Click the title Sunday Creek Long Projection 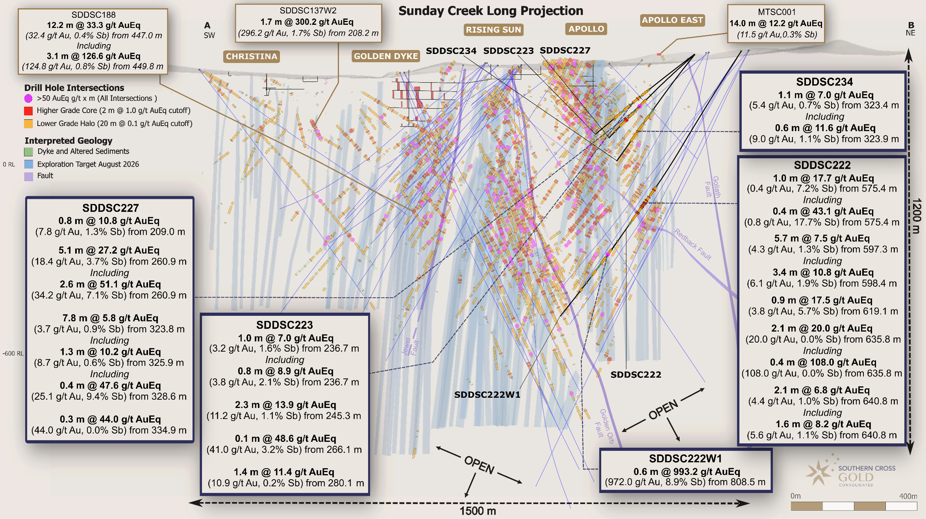[x=490, y=11]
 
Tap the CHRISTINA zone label [x=251, y=56]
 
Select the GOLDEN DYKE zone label [x=386, y=56]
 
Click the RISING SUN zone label [x=493, y=30]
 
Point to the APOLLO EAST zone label [x=672, y=20]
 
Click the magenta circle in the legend [x=28, y=98]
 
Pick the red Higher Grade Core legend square [x=28, y=111]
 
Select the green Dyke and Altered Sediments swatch [x=28, y=151]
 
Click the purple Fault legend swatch [x=28, y=176]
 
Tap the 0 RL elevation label [x=9, y=164]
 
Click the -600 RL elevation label [x=13, y=353]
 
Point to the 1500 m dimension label [x=478, y=511]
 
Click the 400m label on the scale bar [x=908, y=496]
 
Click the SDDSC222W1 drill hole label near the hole [x=487, y=395]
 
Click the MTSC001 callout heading [x=776, y=12]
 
